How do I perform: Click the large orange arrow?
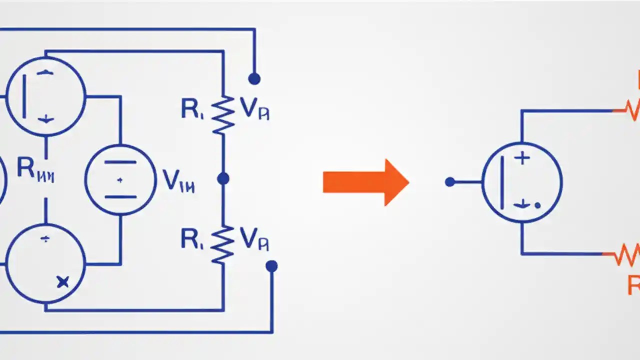(365, 182)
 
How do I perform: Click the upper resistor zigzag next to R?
(223, 114)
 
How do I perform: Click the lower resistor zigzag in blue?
(223, 243)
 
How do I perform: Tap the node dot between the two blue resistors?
(223, 178)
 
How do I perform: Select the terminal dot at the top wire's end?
(254, 78)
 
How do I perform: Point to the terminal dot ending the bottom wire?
(271, 266)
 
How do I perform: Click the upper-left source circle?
(45, 96)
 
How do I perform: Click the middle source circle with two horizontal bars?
(120, 180)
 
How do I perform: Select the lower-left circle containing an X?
(45, 263)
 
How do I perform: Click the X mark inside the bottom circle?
(62, 282)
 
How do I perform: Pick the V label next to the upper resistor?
(254, 108)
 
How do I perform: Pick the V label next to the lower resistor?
(254, 239)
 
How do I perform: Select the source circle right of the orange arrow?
(522, 182)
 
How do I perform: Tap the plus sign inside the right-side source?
(522, 159)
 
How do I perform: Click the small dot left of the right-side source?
(449, 182)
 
